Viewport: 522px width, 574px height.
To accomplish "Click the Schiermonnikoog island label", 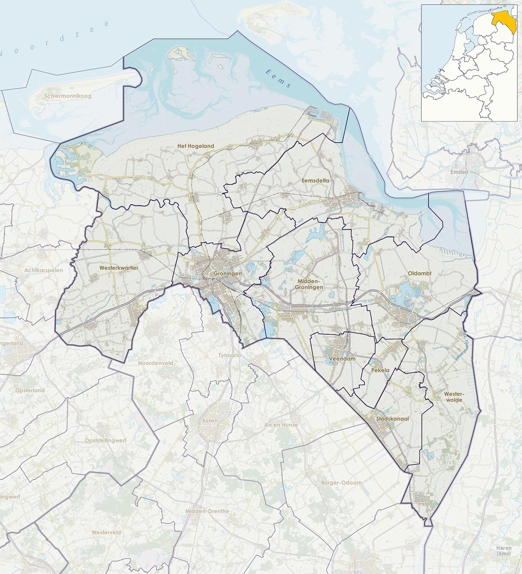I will [x=67, y=96].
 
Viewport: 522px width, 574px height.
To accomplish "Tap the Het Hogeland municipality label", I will [x=196, y=146].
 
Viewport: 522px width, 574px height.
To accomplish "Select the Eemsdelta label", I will [x=315, y=181].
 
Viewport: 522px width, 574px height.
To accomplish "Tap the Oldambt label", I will [x=419, y=273].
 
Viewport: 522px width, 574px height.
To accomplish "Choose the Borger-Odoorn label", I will [x=341, y=483].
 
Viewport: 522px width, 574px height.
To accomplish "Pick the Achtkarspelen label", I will [x=43, y=270].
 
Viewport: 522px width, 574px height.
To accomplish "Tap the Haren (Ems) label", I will [x=504, y=551].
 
